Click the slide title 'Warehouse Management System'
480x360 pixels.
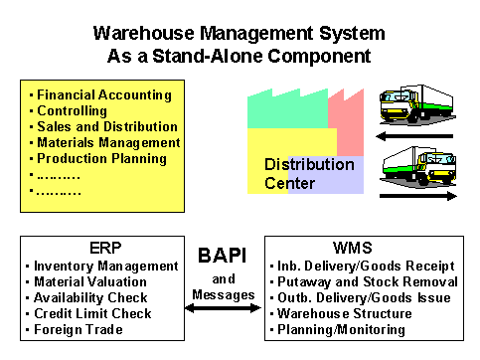tap(240, 32)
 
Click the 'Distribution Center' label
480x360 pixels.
tap(308, 173)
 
